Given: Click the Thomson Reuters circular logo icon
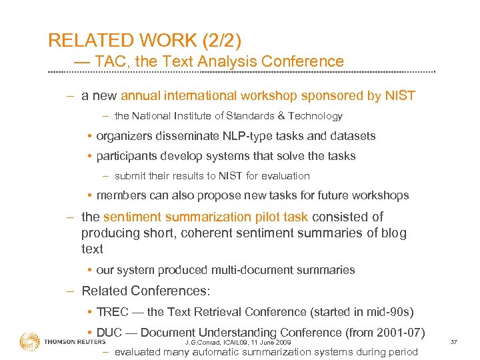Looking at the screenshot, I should (x=30, y=342).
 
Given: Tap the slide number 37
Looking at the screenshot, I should (x=453, y=342).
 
